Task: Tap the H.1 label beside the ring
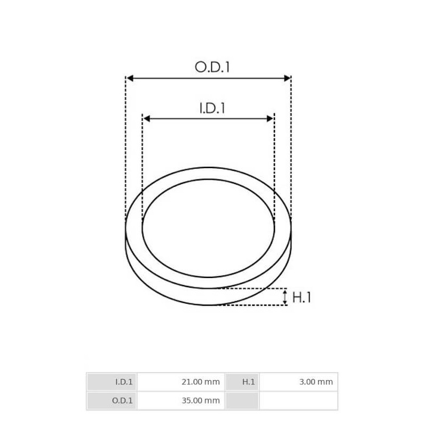(x=302, y=297)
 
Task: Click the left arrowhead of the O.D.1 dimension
(x=130, y=78)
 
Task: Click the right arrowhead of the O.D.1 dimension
(x=287, y=78)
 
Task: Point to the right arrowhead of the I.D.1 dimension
(x=271, y=118)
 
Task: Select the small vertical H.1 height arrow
(x=285, y=297)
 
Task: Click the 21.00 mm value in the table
(x=200, y=382)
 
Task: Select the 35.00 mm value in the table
(x=200, y=400)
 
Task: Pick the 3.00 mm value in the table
(x=315, y=382)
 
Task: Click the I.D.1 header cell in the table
(x=112, y=382)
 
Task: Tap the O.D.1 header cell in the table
(x=112, y=400)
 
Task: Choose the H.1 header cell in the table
(x=242, y=382)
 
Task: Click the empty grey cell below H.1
(x=242, y=400)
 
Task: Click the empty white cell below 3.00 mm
(x=298, y=400)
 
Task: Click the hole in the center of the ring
(x=208, y=228)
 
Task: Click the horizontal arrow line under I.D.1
(x=208, y=118)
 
